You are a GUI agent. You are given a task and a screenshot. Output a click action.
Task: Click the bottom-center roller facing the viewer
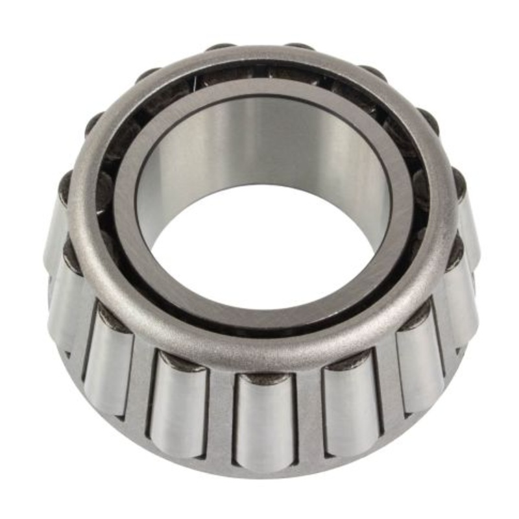click(x=265, y=422)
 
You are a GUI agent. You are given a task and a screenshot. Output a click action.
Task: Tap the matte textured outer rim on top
click(x=259, y=62)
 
